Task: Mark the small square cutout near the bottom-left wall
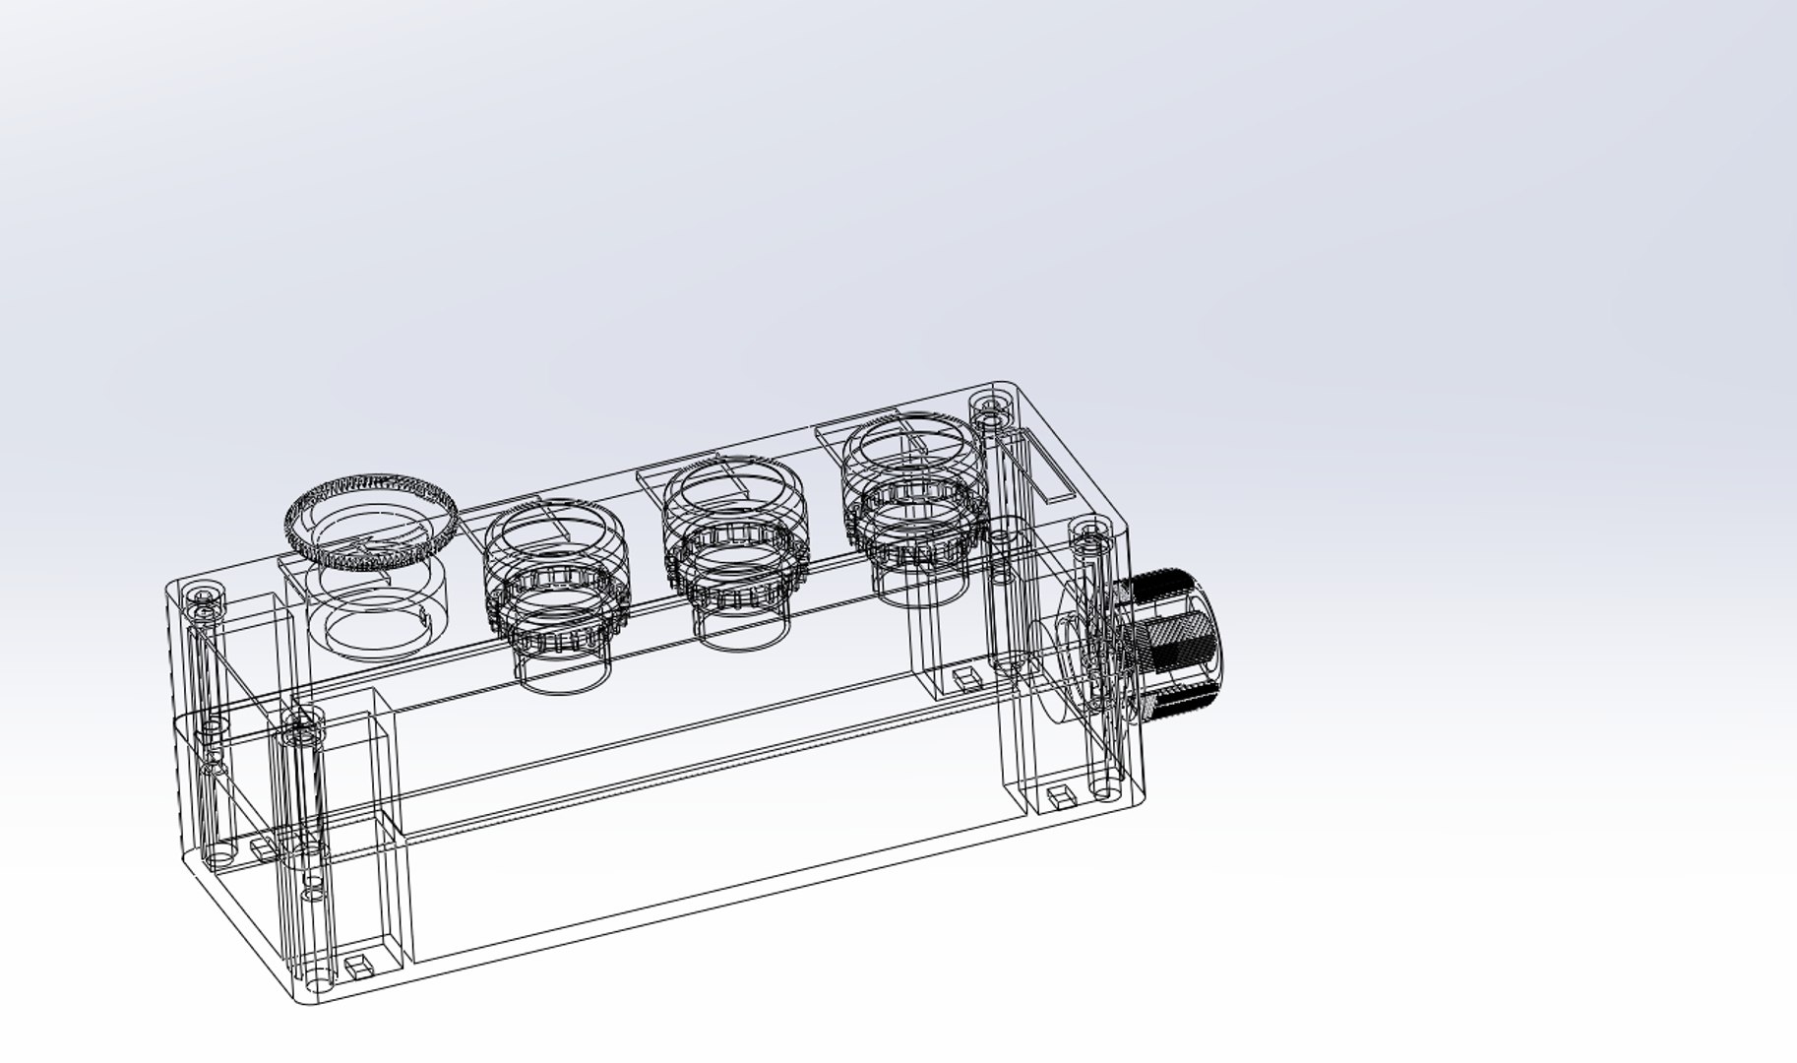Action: click(262, 846)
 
